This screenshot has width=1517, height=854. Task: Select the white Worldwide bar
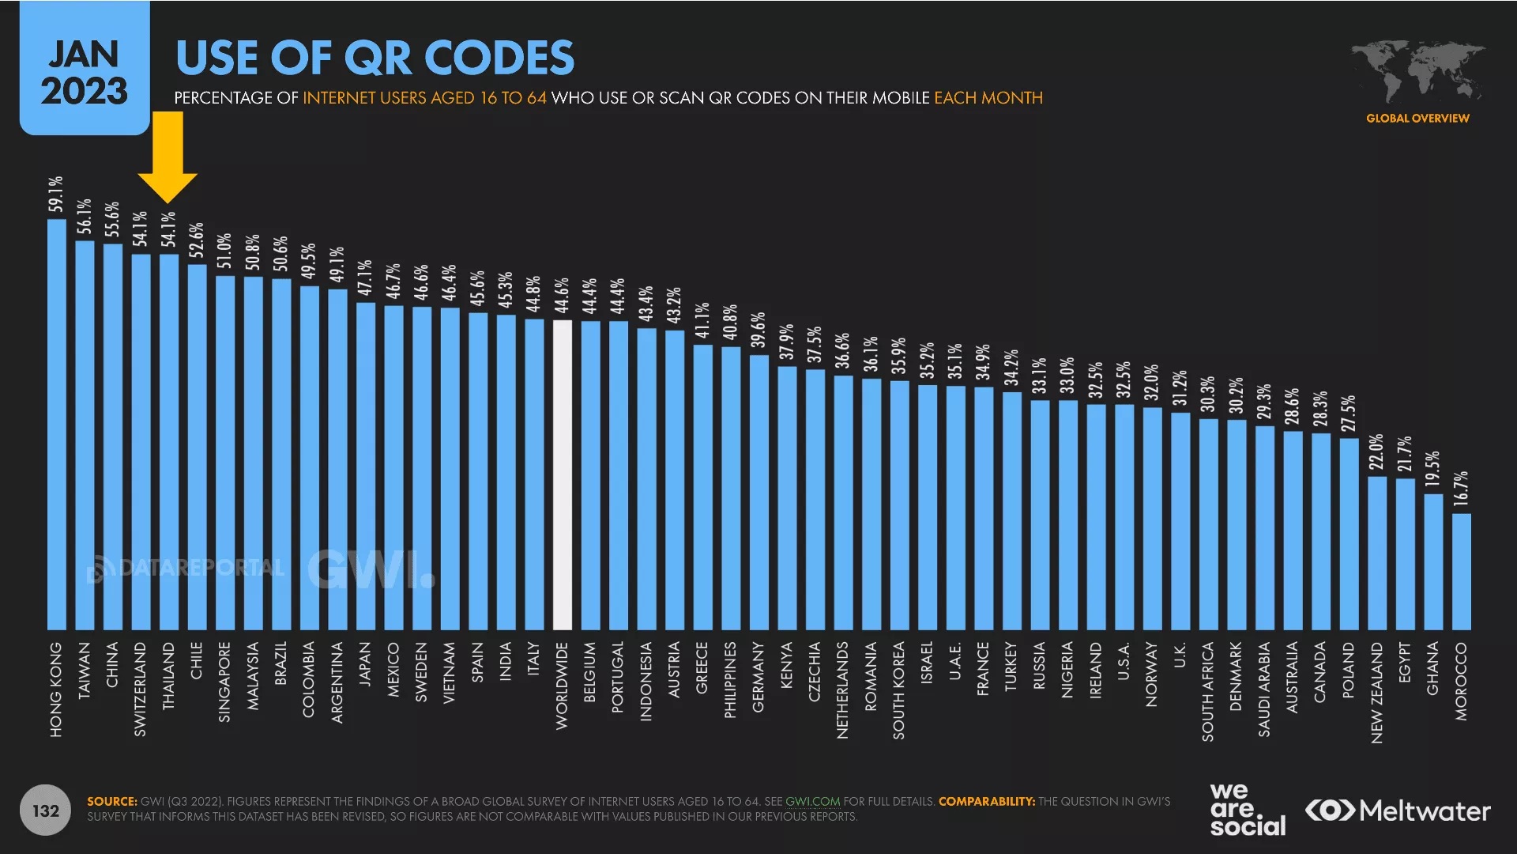pyautogui.click(x=562, y=474)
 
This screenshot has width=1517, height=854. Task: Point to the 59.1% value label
pyautogui.click(x=56, y=195)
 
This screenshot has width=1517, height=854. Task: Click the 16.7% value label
pyautogui.click(x=1461, y=489)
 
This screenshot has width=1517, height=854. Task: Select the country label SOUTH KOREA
pyautogui.click(x=898, y=690)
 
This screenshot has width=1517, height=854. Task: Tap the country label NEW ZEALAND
pyautogui.click(x=1377, y=693)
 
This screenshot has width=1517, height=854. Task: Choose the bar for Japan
pyautogui.click(x=366, y=466)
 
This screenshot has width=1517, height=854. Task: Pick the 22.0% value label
pyautogui.click(x=1376, y=452)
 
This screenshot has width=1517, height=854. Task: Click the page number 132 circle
pyautogui.click(x=46, y=811)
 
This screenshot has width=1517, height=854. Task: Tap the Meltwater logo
pyautogui.click(x=1398, y=811)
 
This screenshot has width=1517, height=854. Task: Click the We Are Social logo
pyautogui.click(x=1247, y=810)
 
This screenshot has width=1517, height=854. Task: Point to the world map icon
pyautogui.click(x=1417, y=70)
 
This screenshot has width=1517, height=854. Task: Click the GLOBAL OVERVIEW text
pyautogui.click(x=1417, y=119)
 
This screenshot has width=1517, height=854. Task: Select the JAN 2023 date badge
pyautogui.click(x=85, y=72)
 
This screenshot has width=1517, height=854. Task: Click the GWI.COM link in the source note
pyautogui.click(x=812, y=802)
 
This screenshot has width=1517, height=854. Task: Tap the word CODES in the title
pyautogui.click(x=499, y=58)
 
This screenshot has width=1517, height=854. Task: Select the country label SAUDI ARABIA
pyautogui.click(x=1264, y=690)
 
